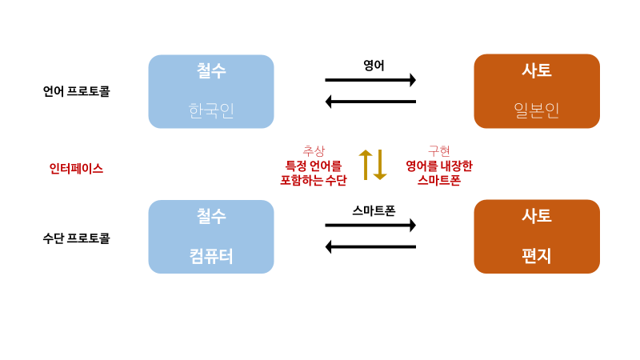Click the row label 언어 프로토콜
click(x=76, y=91)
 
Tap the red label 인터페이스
click(x=76, y=169)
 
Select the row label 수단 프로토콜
click(x=76, y=238)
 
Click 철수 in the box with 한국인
click(x=211, y=70)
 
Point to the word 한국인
click(x=211, y=110)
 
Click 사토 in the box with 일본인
click(x=537, y=70)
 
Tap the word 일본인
click(x=537, y=110)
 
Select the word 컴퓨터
click(x=211, y=256)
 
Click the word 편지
click(x=537, y=256)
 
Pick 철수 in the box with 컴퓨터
click(x=211, y=216)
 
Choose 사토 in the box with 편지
click(x=537, y=216)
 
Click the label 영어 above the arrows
click(x=374, y=66)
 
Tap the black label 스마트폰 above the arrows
click(x=374, y=211)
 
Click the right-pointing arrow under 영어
click(x=370, y=80)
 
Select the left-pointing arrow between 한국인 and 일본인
click(x=370, y=102)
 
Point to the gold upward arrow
click(x=366, y=165)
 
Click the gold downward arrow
click(x=380, y=165)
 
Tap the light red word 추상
click(x=314, y=150)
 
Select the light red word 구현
click(x=439, y=150)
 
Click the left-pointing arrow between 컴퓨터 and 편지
click(x=370, y=246)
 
